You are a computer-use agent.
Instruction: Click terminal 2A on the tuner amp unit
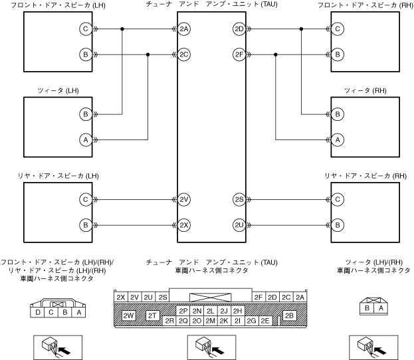(x=184, y=29)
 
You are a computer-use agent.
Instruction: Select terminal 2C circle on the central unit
(x=184, y=54)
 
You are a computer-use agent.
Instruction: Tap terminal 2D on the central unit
(x=239, y=29)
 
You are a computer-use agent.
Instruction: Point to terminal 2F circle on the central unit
(x=239, y=54)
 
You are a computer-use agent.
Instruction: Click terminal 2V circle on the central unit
(x=184, y=199)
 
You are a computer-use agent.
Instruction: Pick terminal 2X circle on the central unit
(x=184, y=225)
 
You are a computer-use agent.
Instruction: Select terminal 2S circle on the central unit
(x=239, y=199)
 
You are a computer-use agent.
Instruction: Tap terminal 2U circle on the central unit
(x=239, y=225)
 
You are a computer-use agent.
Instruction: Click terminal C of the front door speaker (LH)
(x=85, y=29)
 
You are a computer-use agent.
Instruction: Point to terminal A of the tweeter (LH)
(x=85, y=139)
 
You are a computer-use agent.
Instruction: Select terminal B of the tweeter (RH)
(x=338, y=114)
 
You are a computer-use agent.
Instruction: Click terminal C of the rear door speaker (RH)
(x=338, y=199)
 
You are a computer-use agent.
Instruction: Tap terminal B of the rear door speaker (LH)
(x=85, y=225)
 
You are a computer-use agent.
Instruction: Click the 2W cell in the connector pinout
(x=129, y=315)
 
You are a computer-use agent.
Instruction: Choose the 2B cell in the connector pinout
(x=289, y=315)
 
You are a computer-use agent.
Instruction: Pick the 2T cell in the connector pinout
(x=153, y=315)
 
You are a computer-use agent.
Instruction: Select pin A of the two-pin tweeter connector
(x=381, y=308)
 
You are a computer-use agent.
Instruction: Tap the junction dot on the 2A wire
(x=122, y=29)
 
